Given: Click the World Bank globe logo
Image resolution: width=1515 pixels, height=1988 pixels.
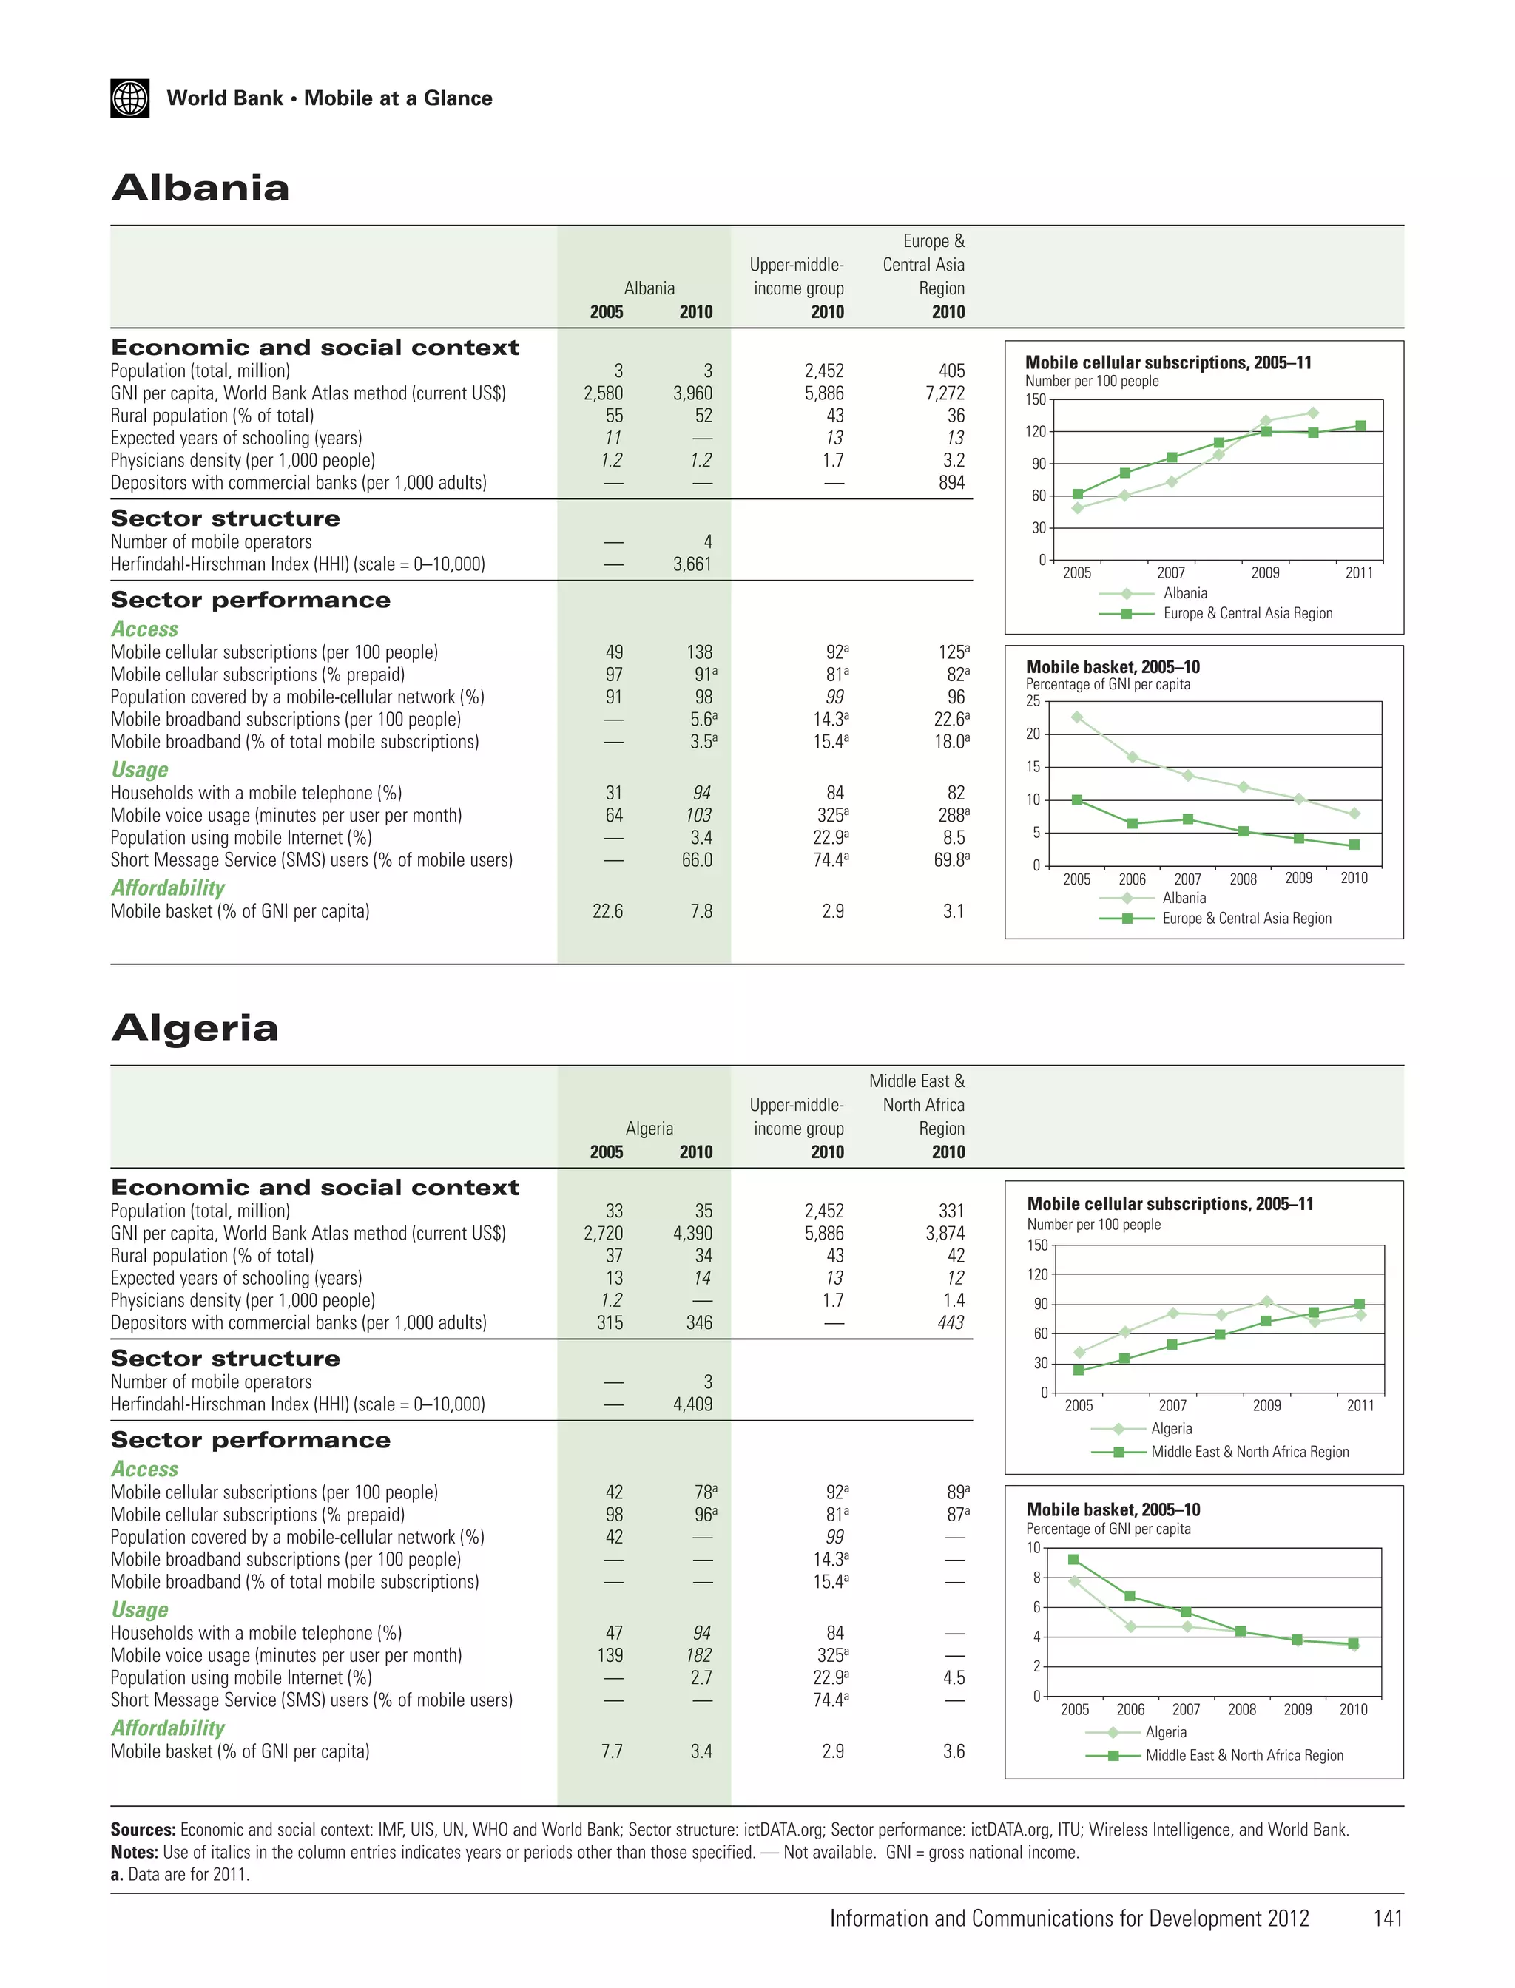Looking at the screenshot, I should point(130,98).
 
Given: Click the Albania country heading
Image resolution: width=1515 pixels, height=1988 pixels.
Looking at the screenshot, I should point(200,188).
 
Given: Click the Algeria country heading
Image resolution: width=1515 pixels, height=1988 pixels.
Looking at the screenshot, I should point(195,1028).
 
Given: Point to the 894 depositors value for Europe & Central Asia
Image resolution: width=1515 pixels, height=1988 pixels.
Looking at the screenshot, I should point(951,483).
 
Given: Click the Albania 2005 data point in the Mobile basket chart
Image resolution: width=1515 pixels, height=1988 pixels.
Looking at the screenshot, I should point(1077,717).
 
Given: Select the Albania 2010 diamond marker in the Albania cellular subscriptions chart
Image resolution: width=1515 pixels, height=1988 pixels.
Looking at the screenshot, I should point(1313,413).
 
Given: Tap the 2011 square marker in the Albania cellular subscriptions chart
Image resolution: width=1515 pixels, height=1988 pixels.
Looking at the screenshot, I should point(1360,425).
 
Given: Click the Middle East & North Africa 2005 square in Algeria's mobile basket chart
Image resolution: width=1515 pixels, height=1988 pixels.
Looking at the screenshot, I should point(1073,1559).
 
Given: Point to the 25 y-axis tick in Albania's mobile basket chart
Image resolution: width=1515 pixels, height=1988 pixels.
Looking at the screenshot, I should point(1033,701).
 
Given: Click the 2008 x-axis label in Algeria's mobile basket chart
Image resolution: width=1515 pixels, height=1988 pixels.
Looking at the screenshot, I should point(1242,1709).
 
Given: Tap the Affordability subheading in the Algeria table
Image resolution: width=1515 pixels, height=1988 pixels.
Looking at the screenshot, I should point(168,1728).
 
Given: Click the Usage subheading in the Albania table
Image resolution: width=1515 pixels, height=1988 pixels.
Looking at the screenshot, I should point(140,770).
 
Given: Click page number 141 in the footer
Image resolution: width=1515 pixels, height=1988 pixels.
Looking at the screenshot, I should point(1387,1918).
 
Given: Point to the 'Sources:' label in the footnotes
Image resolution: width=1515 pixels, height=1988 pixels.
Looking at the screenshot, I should point(143,1830).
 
